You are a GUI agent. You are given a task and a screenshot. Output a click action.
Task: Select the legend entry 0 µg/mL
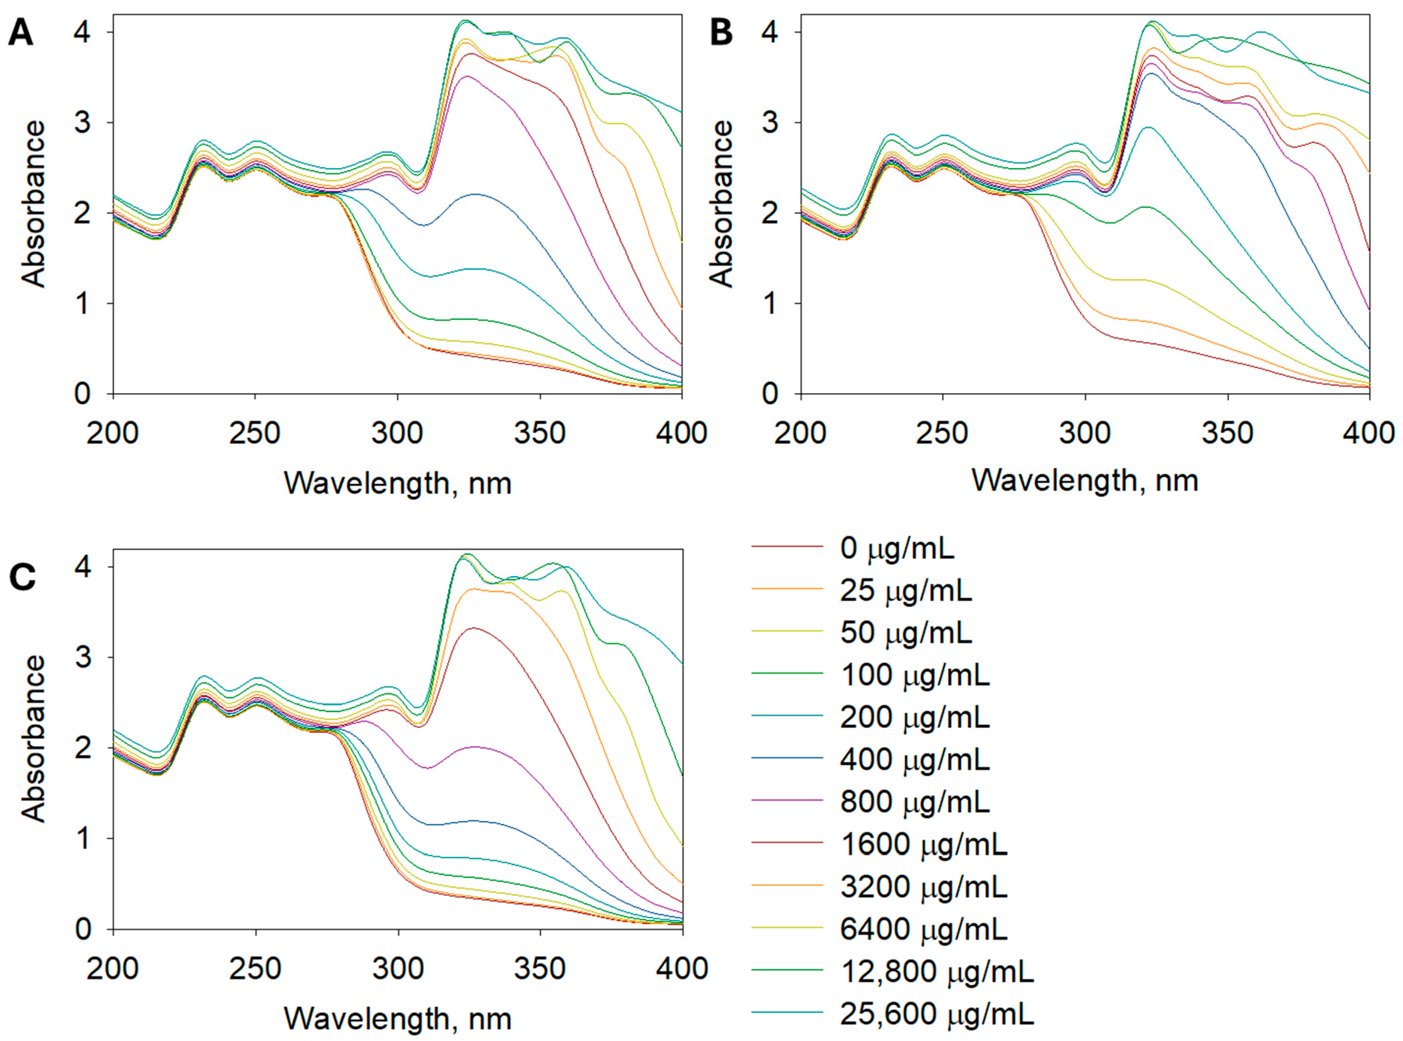point(896,549)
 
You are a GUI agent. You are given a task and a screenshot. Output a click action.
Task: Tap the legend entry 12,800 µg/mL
point(936,972)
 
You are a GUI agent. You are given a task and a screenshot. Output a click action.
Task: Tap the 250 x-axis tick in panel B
point(942,434)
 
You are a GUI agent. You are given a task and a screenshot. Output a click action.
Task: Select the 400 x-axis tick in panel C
point(682,968)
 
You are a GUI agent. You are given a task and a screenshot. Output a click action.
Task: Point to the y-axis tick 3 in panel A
point(82,122)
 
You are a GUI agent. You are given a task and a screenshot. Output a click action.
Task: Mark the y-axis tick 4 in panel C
point(82,567)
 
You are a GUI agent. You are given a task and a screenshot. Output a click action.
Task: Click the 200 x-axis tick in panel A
point(112,434)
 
